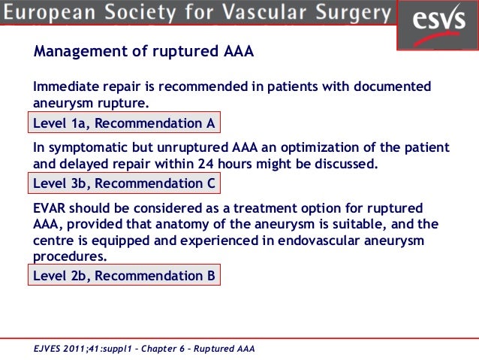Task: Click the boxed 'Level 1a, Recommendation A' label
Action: pos(125,123)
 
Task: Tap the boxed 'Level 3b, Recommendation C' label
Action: pos(125,183)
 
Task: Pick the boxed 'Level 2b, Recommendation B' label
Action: pos(125,276)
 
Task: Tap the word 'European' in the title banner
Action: pos(56,13)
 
